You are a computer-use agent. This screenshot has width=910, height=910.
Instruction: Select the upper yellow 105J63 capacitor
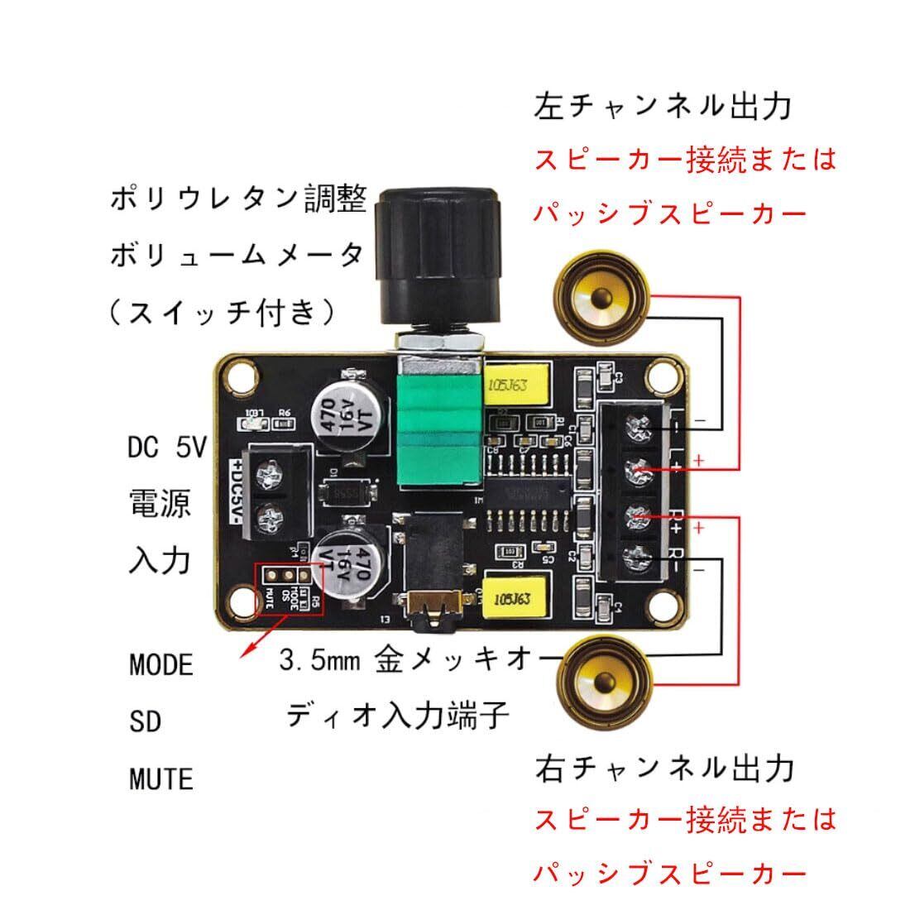pos(520,386)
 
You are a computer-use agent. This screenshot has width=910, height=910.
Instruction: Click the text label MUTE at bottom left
pos(161,779)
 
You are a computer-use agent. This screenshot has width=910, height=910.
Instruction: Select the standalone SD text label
pos(145,722)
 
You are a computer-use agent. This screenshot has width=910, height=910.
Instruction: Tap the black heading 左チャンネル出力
pos(663,107)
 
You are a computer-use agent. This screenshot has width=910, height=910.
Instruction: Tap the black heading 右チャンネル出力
pos(663,769)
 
